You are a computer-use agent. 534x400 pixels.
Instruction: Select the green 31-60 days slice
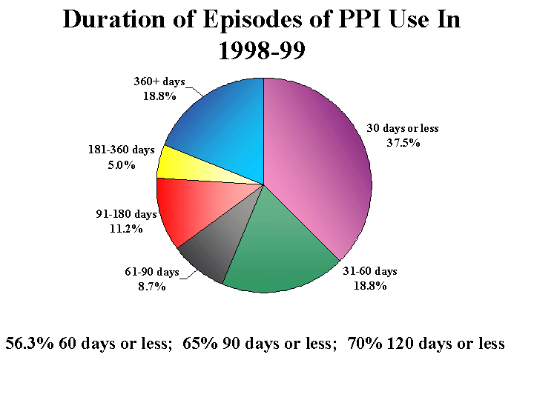pyautogui.click(x=278, y=256)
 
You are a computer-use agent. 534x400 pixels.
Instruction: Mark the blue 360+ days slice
pyautogui.click(x=222, y=126)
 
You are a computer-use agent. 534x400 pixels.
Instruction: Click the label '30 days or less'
pyautogui.click(x=403, y=128)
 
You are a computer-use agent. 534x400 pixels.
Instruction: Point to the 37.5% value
pyautogui.click(x=403, y=142)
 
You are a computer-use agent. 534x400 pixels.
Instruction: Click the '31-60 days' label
pyautogui.click(x=369, y=271)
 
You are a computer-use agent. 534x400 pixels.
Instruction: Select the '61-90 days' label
pyautogui.click(x=151, y=272)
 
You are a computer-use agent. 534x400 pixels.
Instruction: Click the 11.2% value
pyautogui.click(x=126, y=228)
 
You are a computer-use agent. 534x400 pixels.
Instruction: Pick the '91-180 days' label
pyautogui.click(x=126, y=214)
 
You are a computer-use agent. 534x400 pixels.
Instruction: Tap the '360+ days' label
pyautogui.click(x=159, y=81)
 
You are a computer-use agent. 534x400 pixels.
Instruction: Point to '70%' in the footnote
pyautogui.click(x=367, y=344)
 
